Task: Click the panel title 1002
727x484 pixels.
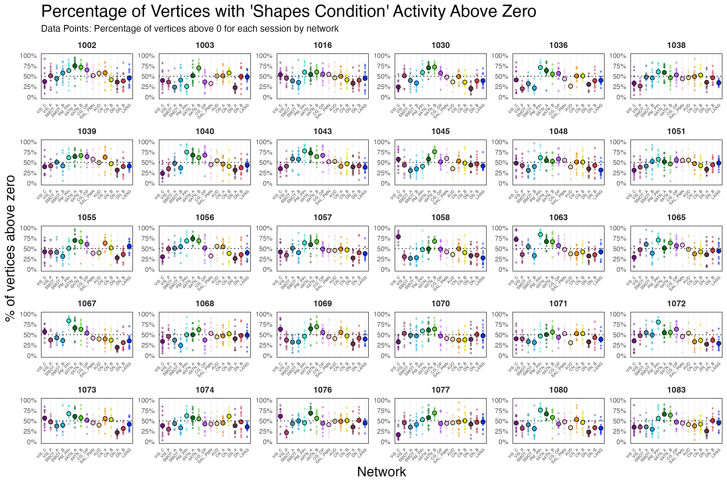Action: (87, 45)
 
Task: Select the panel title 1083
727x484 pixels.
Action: (676, 390)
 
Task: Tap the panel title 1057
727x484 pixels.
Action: (322, 218)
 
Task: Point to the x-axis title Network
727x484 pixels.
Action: (381, 472)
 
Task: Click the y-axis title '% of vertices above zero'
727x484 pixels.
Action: (11, 248)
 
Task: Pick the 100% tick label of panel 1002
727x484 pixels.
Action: (28, 56)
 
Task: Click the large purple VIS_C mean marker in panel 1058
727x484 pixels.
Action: (398, 237)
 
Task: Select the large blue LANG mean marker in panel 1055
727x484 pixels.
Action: (129, 246)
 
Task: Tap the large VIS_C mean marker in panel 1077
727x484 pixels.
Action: (398, 435)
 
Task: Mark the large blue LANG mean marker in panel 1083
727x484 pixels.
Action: (719, 423)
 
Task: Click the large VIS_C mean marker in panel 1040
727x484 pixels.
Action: (162, 173)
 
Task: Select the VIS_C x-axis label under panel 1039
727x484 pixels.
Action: (42, 194)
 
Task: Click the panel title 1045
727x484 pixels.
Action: (440, 131)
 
